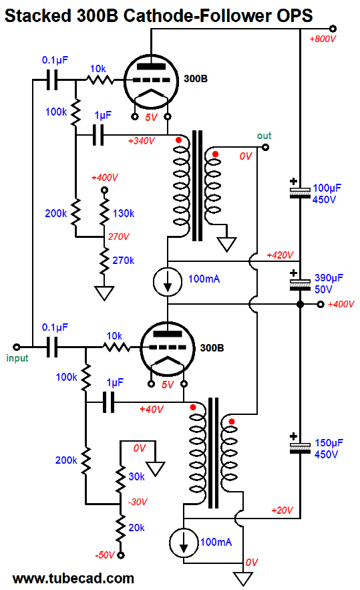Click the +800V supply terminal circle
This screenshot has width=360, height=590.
pyautogui.click(x=333, y=29)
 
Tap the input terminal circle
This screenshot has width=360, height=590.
pyautogui.click(x=16, y=347)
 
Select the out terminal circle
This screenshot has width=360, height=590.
pyautogui.click(x=266, y=147)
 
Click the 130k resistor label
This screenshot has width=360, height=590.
pyautogui.click(x=124, y=213)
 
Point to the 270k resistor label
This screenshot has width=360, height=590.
pyautogui.click(x=124, y=261)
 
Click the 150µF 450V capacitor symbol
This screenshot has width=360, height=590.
pyautogui.click(x=300, y=446)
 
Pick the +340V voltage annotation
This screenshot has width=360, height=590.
pyautogui.click(x=141, y=141)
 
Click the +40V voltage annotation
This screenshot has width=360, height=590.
pyautogui.click(x=151, y=409)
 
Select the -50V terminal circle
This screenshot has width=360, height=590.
pyautogui.click(x=120, y=555)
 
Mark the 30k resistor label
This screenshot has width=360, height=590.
pyautogui.click(x=136, y=476)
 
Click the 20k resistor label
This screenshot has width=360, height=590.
pyautogui.click(x=136, y=528)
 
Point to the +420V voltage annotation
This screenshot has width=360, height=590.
pyautogui.click(x=279, y=255)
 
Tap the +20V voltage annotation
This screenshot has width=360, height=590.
pyautogui.click(x=282, y=510)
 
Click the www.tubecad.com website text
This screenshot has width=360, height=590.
pyautogui.click(x=73, y=579)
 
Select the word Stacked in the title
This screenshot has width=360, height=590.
pyautogui.click(x=37, y=16)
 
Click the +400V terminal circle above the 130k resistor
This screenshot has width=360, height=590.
pyautogui.click(x=105, y=190)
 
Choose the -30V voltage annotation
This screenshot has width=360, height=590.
pyautogui.click(x=138, y=502)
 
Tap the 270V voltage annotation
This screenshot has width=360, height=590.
pyautogui.click(x=118, y=237)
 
